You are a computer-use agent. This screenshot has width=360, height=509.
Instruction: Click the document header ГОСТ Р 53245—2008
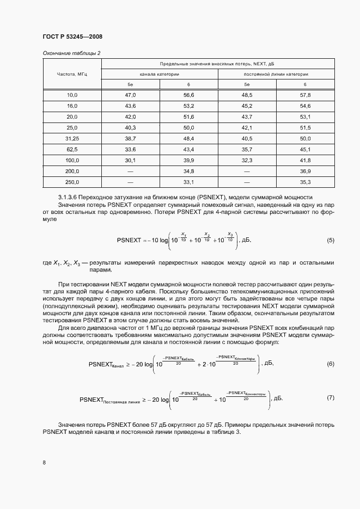click(72, 36)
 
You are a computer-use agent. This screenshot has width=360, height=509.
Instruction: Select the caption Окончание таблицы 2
click(71, 53)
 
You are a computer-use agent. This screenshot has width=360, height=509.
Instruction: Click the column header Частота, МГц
click(72, 73)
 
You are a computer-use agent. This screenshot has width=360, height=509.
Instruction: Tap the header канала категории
click(160, 73)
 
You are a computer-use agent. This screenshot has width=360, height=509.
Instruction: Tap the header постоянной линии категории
click(276, 73)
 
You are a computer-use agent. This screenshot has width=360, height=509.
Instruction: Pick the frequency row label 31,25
click(72, 139)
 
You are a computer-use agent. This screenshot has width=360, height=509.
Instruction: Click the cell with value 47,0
click(130, 95)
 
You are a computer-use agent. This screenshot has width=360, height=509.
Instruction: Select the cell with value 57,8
click(305, 95)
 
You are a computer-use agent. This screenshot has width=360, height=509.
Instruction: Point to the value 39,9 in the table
click(188, 161)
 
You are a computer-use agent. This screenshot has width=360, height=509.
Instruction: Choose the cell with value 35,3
click(305, 182)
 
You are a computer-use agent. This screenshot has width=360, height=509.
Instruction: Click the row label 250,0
click(72, 182)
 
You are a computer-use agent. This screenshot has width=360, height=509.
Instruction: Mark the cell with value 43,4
click(188, 150)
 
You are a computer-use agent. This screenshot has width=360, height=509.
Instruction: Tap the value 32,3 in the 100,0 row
click(247, 161)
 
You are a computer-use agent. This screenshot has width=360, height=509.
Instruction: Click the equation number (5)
click(330, 240)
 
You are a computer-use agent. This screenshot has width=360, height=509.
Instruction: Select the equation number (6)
click(330, 364)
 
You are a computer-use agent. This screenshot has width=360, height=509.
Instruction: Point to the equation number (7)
click(330, 397)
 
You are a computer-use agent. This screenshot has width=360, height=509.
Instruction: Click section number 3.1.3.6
click(70, 197)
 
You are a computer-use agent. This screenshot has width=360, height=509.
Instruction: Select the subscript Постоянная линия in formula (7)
click(121, 401)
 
